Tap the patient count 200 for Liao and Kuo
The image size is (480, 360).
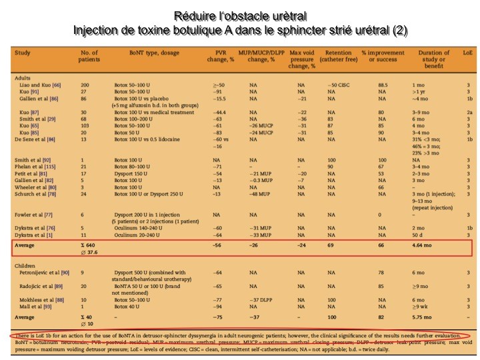tap(85, 85)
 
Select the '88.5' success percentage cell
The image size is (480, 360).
tap(383, 85)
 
